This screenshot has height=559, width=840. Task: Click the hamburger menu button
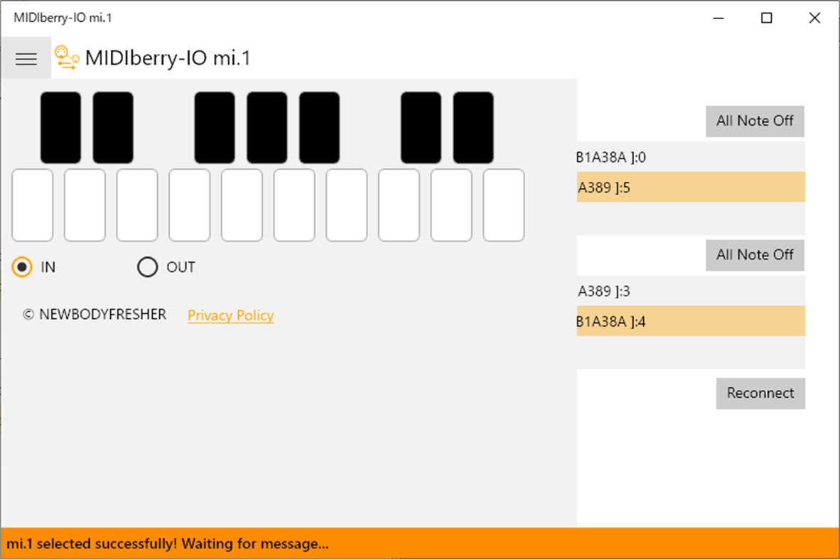coord(26,59)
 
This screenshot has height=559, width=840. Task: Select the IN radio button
coord(23,267)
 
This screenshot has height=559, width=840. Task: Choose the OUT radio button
coord(148,267)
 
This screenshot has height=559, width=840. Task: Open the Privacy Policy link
coord(230,315)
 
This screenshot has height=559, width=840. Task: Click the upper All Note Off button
coord(755,121)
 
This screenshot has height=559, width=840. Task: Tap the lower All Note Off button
coord(755,254)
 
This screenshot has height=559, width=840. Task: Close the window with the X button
coord(814,18)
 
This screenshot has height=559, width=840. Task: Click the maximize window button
coord(766,18)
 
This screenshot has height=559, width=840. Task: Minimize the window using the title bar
coord(718,18)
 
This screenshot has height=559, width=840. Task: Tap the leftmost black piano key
coord(60,127)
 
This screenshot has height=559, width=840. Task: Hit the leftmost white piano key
coord(33,205)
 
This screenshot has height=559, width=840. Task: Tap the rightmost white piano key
coord(504,205)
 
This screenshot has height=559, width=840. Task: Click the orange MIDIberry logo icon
coord(66,58)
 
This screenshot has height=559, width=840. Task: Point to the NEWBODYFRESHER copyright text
coord(95,315)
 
